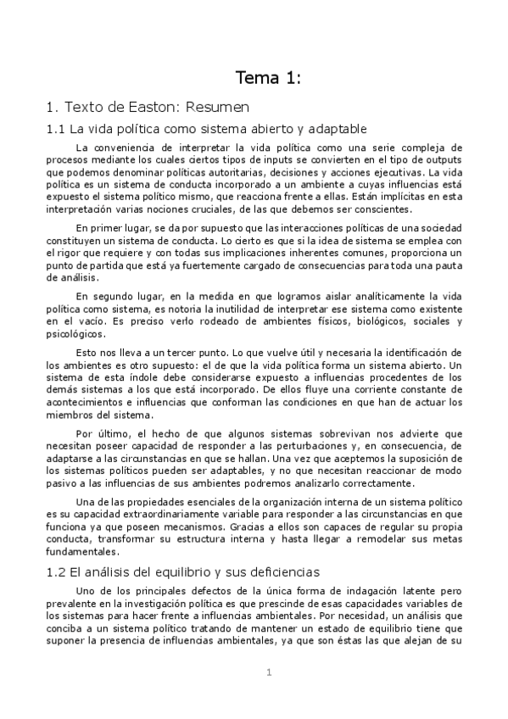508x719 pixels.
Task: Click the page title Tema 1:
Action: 268,79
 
